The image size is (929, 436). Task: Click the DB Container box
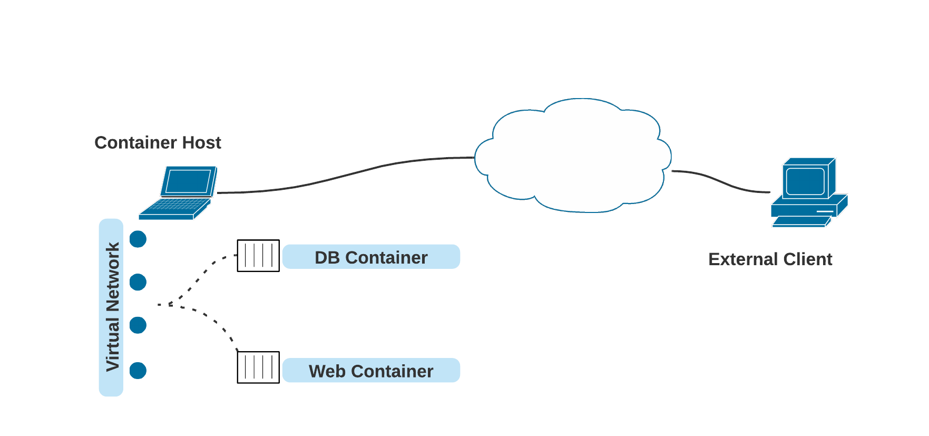pos(371,257)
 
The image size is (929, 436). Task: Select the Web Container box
pos(371,371)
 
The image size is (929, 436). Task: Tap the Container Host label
pos(158,142)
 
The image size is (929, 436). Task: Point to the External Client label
pos(770,259)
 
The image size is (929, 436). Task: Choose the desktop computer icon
pos(808,193)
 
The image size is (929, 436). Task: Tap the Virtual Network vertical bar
pos(111,307)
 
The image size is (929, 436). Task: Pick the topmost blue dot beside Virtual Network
pos(138,239)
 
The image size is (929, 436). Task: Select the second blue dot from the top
pos(138,282)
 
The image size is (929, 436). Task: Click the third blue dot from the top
pos(138,325)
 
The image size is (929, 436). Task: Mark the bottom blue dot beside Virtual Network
pos(138,370)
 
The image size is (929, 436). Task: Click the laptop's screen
pos(188,181)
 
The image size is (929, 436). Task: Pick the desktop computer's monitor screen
pos(805,181)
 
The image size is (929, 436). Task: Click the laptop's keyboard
pos(177,205)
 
